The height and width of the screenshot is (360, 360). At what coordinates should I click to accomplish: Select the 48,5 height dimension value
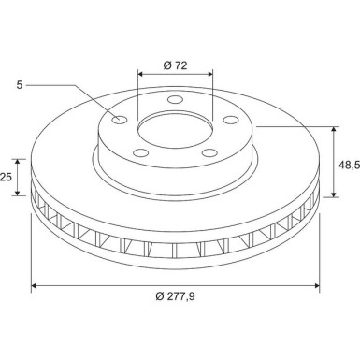[x=348, y=164]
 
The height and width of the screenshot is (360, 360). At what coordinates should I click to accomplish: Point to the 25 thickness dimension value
[x=7, y=177]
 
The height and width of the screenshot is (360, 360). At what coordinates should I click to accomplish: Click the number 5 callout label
[x=20, y=84]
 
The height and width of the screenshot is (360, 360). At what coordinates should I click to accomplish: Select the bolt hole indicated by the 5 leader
[x=119, y=119]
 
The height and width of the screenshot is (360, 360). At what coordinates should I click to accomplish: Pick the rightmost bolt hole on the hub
[x=227, y=118]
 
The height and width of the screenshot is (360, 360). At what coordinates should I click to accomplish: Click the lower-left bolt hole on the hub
[x=137, y=151]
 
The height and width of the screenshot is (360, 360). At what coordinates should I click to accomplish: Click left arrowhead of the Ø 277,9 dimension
[x=36, y=285]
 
